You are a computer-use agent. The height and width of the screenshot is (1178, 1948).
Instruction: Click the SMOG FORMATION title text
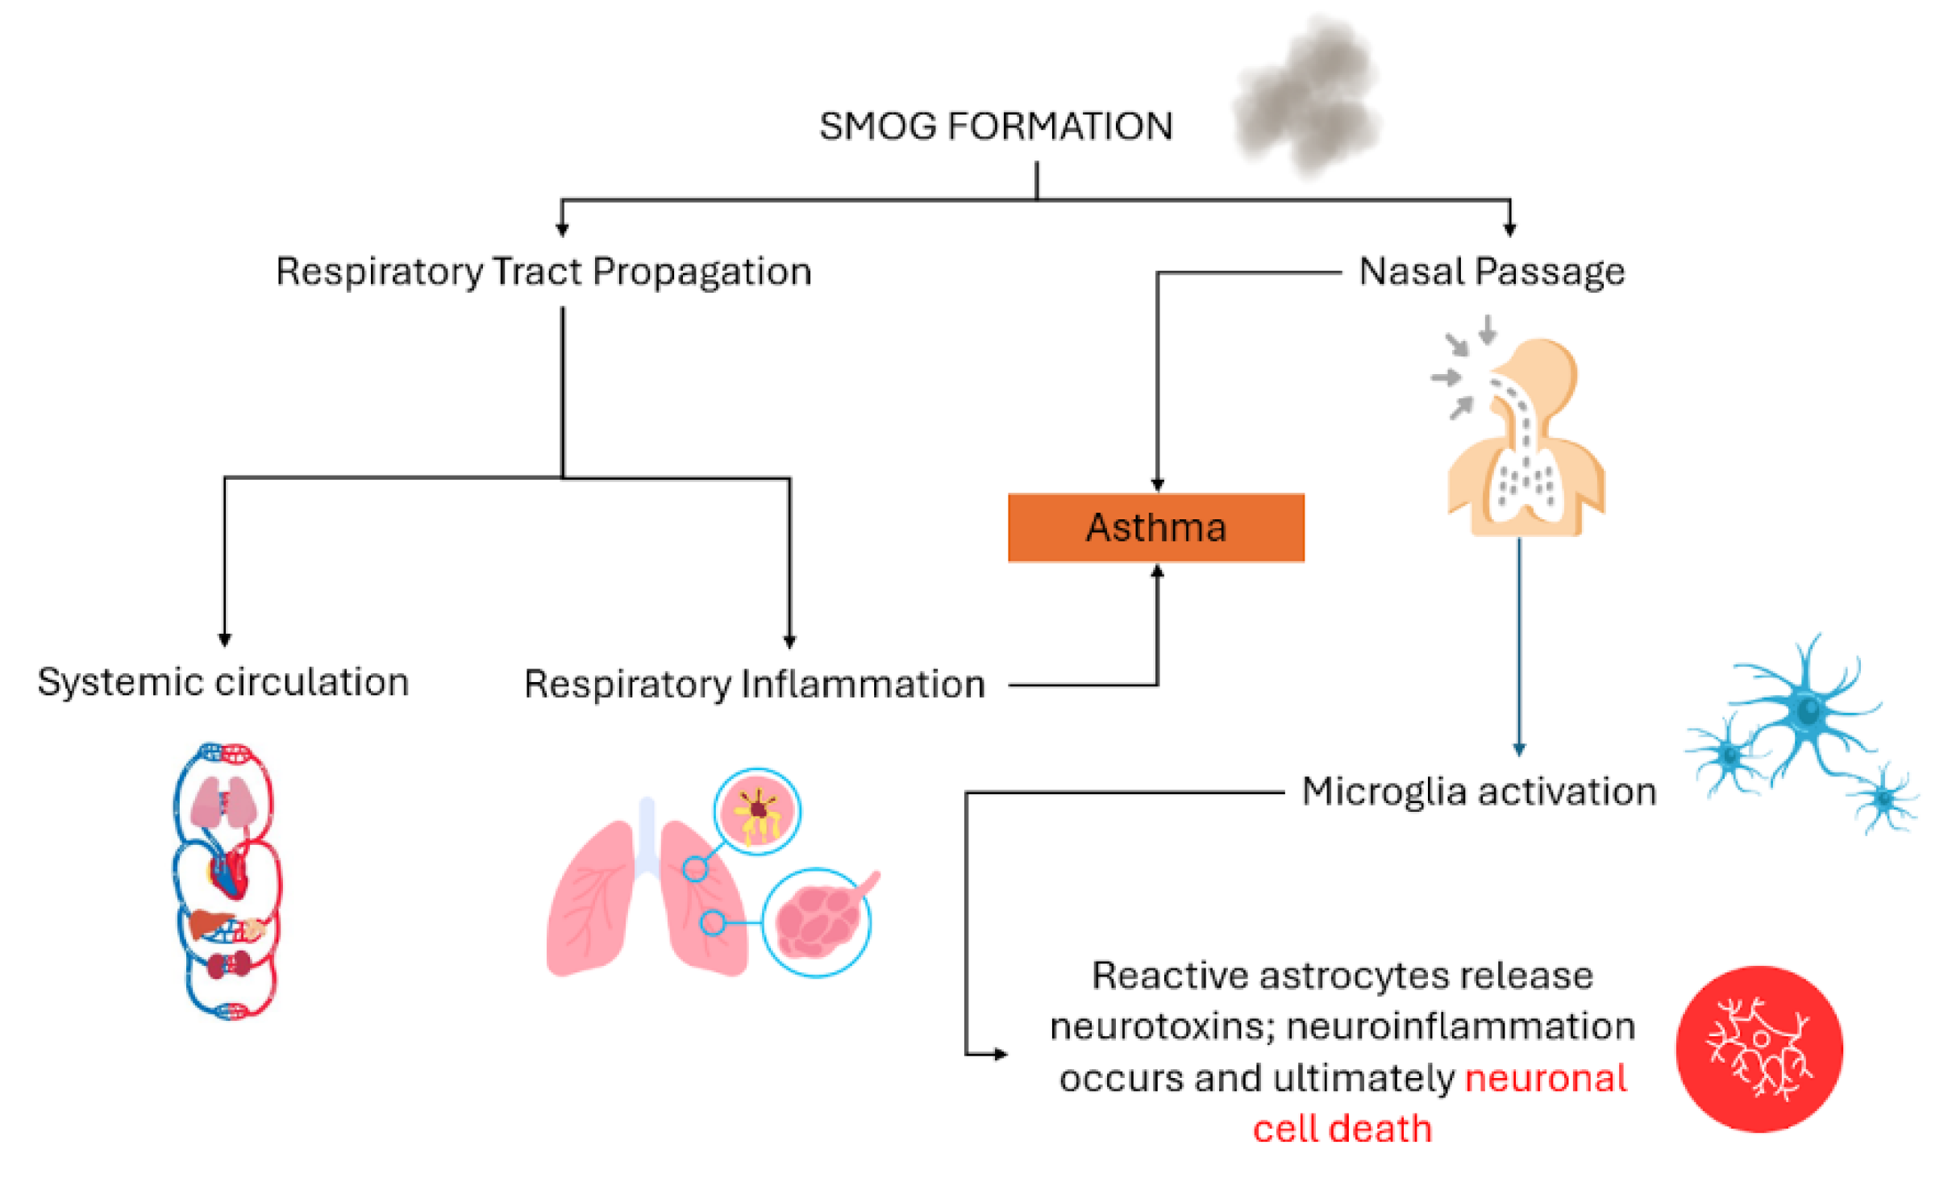point(995,127)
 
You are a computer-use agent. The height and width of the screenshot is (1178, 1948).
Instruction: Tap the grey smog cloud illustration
point(1307,97)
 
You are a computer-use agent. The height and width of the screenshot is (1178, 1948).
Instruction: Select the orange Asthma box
point(1155,527)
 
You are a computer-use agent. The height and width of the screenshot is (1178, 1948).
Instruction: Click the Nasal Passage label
point(1491,272)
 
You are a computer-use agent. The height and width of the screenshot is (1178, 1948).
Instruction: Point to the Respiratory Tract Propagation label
point(543,272)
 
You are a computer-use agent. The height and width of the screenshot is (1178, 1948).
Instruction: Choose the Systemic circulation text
point(223,682)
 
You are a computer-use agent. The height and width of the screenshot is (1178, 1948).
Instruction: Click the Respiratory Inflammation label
point(754,685)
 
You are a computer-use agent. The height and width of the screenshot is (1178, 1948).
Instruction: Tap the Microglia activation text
point(1478,792)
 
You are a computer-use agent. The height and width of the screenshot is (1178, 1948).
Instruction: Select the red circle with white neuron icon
point(1759,1048)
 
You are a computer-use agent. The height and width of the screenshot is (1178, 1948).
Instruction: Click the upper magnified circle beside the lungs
point(756,811)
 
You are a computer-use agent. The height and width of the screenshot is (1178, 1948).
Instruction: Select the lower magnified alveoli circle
point(816,922)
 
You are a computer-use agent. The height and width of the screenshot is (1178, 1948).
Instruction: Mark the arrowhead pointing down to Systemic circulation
point(225,639)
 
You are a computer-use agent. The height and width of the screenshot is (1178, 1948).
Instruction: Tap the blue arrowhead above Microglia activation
point(1519,749)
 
